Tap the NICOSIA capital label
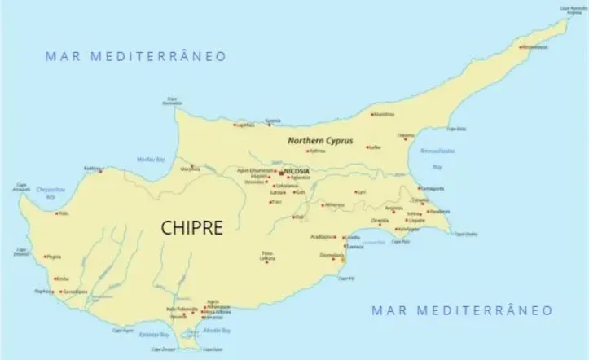pyautogui.click(x=299, y=172)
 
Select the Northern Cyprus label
pyautogui.click(x=319, y=140)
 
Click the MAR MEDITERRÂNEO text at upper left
pyautogui.click(x=135, y=56)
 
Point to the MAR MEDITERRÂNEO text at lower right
pyautogui.click(x=461, y=310)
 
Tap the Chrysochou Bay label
pyautogui.click(x=50, y=191)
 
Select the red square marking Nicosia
pyautogui.click(x=281, y=173)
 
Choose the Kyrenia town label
pyautogui.click(x=284, y=121)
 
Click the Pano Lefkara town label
pyautogui.click(x=266, y=256)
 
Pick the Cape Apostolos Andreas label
pyautogui.click(x=573, y=10)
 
